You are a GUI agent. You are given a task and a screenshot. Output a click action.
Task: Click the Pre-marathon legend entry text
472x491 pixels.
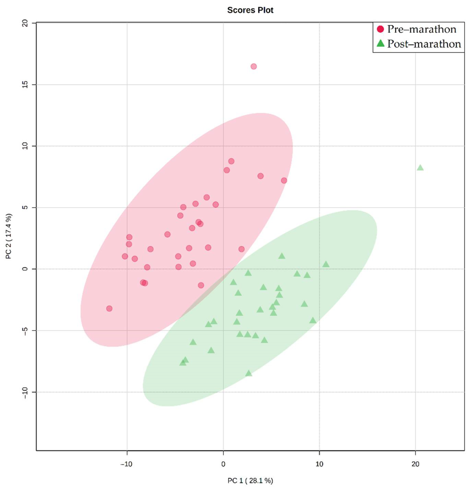pos(421,29)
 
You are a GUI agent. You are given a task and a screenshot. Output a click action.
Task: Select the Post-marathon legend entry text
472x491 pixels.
pos(424,44)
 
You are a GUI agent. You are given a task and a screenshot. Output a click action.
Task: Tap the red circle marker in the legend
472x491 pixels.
pos(380,29)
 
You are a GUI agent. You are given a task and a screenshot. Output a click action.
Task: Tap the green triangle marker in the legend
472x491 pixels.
pos(380,44)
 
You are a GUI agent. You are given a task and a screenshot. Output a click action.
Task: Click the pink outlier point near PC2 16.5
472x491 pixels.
pos(253,66)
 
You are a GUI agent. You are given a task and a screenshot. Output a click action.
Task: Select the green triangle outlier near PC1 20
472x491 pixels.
pos(420,168)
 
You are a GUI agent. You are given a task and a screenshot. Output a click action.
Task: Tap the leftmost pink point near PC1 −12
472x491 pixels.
pos(109,308)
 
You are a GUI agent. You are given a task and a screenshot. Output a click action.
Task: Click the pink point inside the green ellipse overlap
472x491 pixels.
pos(201,285)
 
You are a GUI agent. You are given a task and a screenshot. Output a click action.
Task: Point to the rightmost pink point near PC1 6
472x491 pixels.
pos(284,180)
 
